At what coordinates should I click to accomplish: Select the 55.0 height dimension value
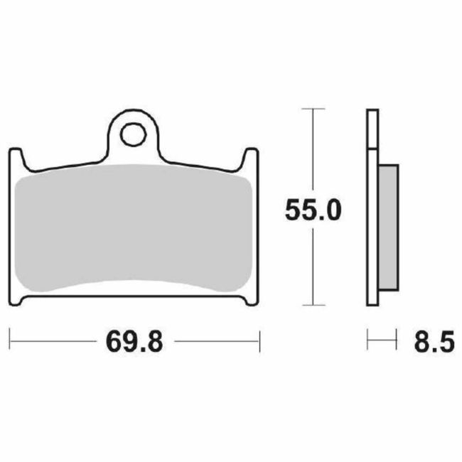[x=313, y=210]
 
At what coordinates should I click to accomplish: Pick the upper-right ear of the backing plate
[x=250, y=158]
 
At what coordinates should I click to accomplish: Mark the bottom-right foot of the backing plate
[x=250, y=299]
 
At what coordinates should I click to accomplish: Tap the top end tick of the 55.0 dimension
[x=313, y=109]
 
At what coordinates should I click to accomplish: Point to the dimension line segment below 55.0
[x=313, y=267]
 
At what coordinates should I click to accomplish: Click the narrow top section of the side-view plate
[x=372, y=128]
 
